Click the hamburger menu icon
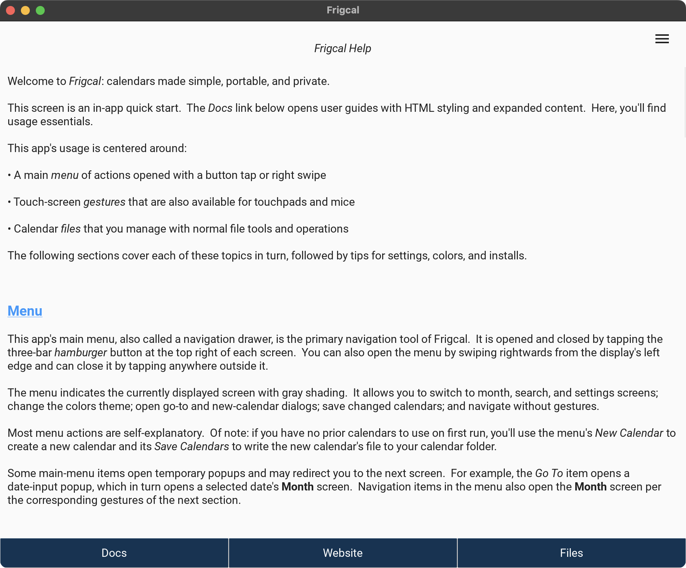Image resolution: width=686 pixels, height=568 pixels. tap(662, 39)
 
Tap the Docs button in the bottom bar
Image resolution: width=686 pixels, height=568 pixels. tap(114, 553)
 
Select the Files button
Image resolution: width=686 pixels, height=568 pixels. tap(571, 553)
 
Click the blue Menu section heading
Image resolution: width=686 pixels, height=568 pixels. tap(25, 311)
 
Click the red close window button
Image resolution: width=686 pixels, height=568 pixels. tap(10, 10)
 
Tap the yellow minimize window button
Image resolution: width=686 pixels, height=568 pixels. tap(25, 10)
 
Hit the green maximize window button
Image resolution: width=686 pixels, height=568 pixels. tap(40, 10)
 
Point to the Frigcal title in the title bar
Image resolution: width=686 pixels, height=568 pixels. tap(343, 10)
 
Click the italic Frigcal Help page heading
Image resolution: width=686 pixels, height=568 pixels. tap(343, 48)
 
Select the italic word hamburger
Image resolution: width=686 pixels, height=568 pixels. tap(81, 353)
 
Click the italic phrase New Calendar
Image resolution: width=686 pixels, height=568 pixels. tap(629, 433)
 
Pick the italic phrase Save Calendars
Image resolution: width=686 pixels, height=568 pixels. tap(192, 446)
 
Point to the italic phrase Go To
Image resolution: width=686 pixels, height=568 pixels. tap(549, 473)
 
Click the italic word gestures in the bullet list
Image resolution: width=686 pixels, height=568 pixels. tap(104, 202)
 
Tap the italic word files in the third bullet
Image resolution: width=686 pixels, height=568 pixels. tap(70, 229)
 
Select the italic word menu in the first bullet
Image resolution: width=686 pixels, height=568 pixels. tap(64, 175)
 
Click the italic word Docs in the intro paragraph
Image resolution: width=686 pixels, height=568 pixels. tap(220, 108)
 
